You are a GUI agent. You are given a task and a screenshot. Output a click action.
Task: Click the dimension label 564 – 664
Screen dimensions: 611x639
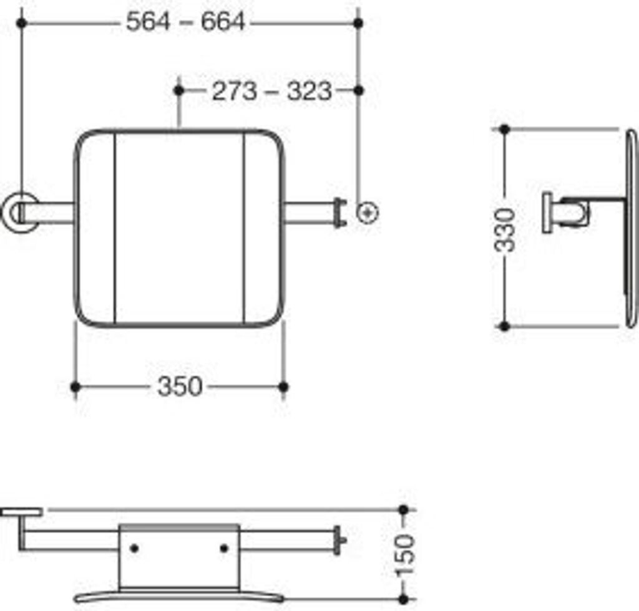tap(185, 22)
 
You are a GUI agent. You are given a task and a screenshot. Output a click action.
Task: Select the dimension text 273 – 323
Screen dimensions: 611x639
tap(271, 92)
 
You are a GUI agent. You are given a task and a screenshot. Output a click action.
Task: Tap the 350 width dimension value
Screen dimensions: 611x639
tap(180, 387)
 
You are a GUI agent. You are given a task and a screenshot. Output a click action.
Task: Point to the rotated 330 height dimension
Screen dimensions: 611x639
tap(505, 229)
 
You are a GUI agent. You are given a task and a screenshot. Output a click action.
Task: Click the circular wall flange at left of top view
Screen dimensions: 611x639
tap(19, 213)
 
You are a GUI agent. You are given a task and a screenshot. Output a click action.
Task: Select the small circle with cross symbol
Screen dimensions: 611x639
tap(368, 213)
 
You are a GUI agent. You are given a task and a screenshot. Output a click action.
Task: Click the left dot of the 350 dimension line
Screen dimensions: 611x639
tap(76, 387)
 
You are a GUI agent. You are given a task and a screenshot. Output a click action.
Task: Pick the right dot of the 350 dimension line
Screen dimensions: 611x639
tap(283, 387)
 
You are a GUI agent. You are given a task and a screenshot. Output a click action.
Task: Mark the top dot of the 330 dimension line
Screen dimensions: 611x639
tap(505, 130)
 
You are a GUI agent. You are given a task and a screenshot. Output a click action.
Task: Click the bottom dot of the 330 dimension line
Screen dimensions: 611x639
tap(505, 325)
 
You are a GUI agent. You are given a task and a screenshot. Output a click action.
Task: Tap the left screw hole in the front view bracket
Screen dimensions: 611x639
tap(134, 548)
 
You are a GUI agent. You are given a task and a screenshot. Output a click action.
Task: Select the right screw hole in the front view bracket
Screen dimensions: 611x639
tap(224, 548)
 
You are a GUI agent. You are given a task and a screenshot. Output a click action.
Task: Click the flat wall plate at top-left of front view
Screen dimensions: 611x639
tap(21, 512)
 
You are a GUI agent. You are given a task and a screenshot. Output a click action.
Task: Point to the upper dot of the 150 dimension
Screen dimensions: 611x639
tap(403, 510)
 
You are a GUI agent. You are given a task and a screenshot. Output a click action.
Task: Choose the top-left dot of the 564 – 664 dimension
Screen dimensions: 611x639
tap(22, 23)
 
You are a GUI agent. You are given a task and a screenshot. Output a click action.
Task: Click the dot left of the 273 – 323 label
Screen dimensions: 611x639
tap(179, 91)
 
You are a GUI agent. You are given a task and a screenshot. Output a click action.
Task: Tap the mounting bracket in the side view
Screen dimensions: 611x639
tap(567, 212)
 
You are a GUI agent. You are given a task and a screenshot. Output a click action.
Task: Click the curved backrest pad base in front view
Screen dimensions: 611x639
tap(179, 595)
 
